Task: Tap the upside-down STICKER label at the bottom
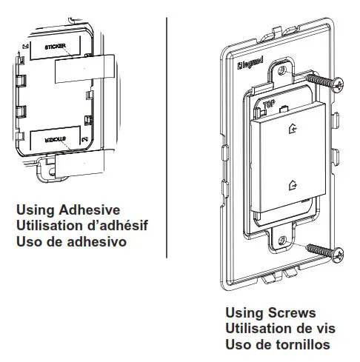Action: tap(47, 138)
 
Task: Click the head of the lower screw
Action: tap(339, 255)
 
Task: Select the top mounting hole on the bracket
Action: tap(282, 72)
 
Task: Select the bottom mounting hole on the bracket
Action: tap(283, 239)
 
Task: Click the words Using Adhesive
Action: tap(67, 210)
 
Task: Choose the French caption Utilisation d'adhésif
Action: tap(79, 225)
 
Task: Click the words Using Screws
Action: tap(270, 314)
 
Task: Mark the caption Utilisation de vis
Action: tap(279, 329)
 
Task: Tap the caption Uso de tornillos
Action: tap(277, 344)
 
